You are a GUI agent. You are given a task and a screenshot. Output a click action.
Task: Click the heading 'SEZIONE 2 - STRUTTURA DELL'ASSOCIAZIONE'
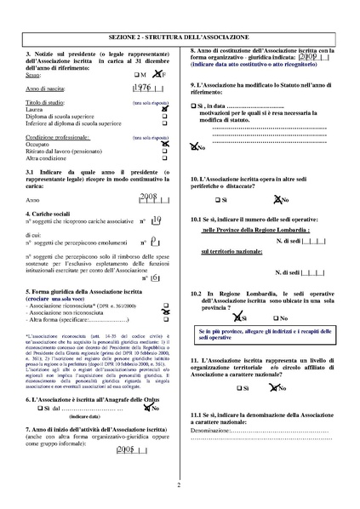tap(180, 40)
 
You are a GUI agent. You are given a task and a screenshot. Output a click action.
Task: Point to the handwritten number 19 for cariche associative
tap(155, 220)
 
